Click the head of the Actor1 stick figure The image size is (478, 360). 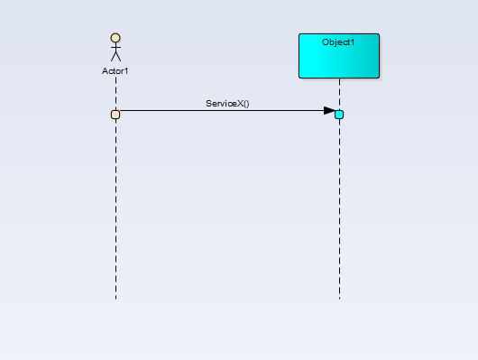(115, 39)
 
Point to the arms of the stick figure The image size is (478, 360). (115, 49)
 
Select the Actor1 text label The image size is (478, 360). (115, 70)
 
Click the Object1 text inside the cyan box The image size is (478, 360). (339, 42)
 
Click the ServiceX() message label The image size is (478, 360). (227, 104)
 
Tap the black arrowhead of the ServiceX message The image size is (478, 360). (329, 111)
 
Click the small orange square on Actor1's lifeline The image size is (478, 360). (115, 114)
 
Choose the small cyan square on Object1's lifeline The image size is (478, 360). (339, 114)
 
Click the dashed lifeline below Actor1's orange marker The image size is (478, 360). (115, 208)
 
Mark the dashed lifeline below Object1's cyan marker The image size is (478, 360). (339, 208)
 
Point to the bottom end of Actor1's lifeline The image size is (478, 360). (115, 297)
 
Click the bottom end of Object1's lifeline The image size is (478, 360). (339, 297)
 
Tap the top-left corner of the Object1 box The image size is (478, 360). (300, 34)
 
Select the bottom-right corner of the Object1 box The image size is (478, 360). (379, 78)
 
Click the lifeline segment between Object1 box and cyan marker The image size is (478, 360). (339, 94)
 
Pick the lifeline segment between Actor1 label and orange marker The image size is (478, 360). (115, 92)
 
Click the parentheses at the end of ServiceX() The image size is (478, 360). (245, 104)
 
